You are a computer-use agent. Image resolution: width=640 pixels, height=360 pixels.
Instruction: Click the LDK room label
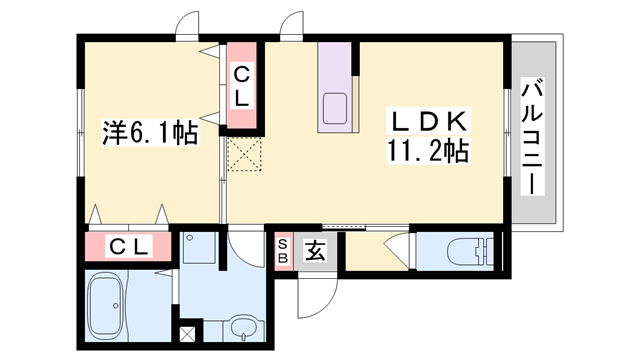point(429,121)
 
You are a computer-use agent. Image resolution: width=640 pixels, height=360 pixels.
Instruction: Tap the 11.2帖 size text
point(427,151)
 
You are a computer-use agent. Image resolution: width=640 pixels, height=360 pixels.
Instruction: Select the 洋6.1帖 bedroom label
point(150,133)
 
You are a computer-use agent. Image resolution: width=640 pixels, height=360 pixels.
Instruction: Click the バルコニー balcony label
point(532,138)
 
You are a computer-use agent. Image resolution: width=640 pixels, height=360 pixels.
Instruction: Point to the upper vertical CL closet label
point(241,86)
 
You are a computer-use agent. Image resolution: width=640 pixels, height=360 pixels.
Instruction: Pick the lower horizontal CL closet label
point(128,246)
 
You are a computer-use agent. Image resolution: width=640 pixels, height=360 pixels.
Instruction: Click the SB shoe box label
point(283,251)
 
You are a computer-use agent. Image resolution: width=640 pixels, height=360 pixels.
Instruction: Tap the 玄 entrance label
point(315,250)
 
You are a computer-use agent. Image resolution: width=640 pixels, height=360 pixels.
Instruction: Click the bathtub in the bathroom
point(106,304)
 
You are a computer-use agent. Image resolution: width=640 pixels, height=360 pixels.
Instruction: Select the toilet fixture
point(470,251)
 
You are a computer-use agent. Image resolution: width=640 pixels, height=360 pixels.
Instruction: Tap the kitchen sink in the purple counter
point(335,108)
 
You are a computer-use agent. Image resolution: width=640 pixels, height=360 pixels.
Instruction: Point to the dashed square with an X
point(244,154)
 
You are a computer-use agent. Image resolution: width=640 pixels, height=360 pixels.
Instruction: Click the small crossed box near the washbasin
point(187,334)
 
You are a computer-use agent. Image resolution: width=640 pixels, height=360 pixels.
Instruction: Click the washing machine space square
point(198,248)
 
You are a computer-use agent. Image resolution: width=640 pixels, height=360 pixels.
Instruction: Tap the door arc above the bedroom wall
point(187,20)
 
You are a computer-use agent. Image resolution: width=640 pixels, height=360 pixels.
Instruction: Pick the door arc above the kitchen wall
point(292,20)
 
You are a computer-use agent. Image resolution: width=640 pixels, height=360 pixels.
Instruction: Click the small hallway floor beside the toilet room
point(377,251)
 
